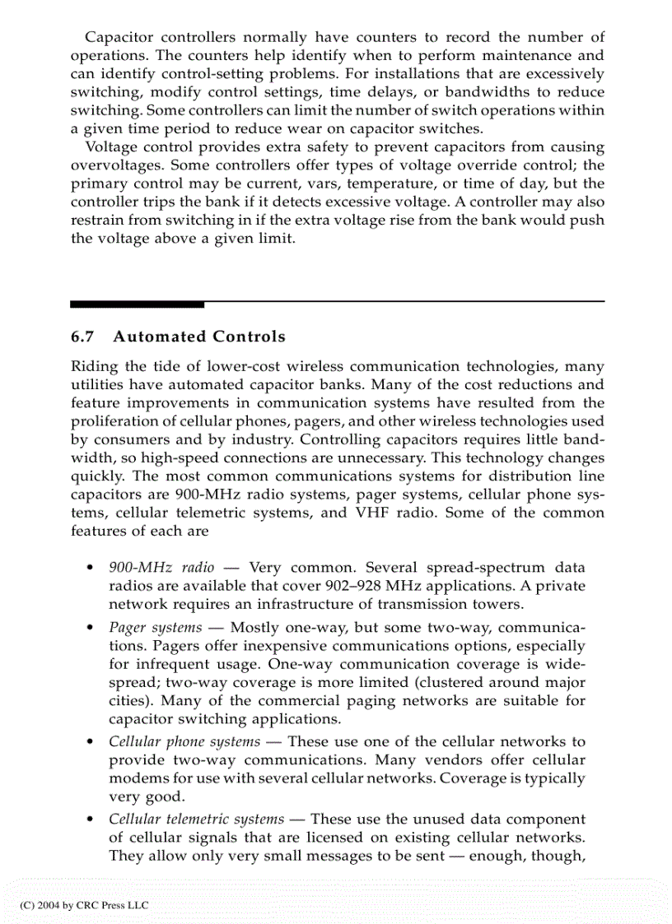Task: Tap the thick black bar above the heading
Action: [137, 304]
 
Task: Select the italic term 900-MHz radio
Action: [161, 568]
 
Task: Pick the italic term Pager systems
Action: [155, 627]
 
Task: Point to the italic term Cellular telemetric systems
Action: [196, 820]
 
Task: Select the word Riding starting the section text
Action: [95, 366]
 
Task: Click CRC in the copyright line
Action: [86, 904]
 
